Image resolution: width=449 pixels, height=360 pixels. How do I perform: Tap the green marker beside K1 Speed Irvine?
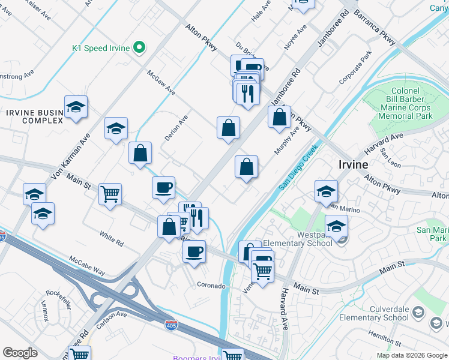139,47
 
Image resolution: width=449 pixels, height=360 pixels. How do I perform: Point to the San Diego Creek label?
297,170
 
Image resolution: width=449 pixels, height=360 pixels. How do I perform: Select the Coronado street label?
212,286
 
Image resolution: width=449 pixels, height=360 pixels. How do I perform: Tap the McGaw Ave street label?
161,82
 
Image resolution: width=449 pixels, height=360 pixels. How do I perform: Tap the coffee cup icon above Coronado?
194,251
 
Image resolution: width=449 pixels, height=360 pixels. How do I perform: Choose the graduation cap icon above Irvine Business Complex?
76,107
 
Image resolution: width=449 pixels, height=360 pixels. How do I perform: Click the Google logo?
20,353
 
